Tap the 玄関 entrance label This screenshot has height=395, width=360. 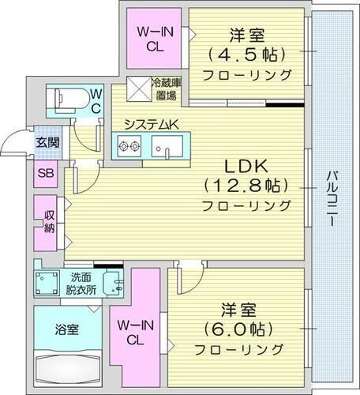[45, 143]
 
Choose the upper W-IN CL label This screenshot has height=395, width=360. [155, 38]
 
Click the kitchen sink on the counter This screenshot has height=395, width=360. [167, 147]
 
